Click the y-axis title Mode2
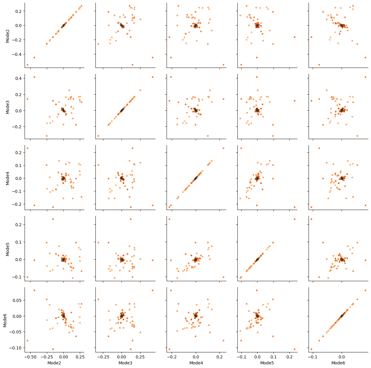coord(8,35)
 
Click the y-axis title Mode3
coord(8,107)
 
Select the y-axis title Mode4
coord(8,178)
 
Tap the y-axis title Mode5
coord(8,249)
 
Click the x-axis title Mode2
coord(54,363)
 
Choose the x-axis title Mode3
coord(125,363)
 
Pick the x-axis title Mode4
coord(196,363)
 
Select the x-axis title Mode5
coord(267,363)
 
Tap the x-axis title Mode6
coord(338,363)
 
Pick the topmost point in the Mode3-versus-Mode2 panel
coord(34,77)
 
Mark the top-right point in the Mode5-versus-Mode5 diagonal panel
coord(294,219)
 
